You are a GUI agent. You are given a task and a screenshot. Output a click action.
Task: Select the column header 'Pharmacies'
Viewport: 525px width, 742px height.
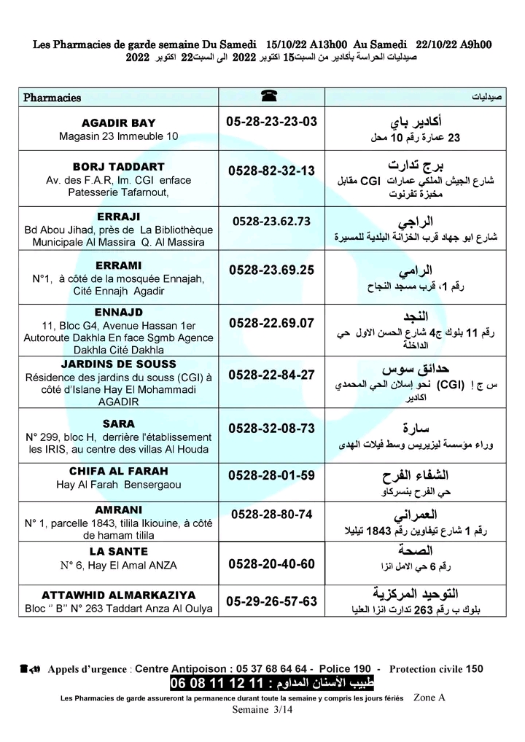tap(52, 98)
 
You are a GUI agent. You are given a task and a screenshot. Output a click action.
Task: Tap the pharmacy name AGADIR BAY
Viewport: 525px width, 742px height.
tap(118, 122)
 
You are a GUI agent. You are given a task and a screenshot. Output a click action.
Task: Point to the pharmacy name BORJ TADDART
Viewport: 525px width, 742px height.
tap(118, 166)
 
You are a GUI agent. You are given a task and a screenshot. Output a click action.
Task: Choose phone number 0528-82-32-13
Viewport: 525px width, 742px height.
tap(271, 171)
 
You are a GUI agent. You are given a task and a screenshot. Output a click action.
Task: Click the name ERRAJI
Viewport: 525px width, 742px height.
tap(118, 216)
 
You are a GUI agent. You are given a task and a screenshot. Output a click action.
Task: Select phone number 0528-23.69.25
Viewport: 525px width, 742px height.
tap(271, 270)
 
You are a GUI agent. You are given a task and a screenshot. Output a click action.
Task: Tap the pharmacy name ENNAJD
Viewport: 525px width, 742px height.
tap(118, 313)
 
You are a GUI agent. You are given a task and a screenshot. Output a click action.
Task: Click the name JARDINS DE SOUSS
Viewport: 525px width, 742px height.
tap(118, 364)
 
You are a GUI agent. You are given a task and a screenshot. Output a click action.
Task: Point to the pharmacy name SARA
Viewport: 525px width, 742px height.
tap(118, 423)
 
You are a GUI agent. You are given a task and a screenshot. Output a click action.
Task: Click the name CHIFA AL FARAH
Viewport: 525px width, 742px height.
tap(118, 471)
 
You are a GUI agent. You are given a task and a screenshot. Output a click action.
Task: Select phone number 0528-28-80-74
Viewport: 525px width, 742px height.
tap(271, 514)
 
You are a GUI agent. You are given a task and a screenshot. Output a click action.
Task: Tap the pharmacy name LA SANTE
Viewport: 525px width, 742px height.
tap(118, 552)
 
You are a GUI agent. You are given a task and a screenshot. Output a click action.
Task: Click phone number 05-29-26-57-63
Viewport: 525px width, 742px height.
tap(272, 601)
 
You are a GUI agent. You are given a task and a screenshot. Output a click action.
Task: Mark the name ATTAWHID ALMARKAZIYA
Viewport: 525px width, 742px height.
tap(118, 595)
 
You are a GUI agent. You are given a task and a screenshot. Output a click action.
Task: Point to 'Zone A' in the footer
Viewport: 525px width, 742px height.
tap(429, 698)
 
